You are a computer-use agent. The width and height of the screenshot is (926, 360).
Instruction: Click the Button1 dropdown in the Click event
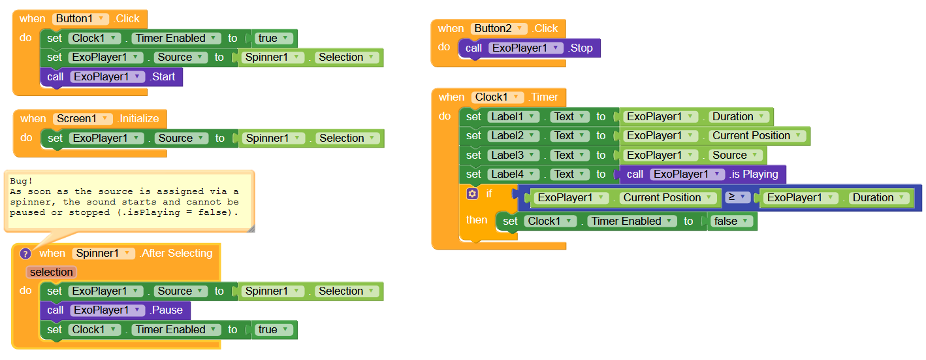coord(80,19)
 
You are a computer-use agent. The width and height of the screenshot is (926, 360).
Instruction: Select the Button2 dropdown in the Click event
coord(500,28)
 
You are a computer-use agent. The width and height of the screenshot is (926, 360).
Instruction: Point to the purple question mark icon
coord(25,254)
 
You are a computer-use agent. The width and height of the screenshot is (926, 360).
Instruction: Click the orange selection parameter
coord(52,272)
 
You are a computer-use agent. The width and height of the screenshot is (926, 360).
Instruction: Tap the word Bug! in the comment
coord(21,181)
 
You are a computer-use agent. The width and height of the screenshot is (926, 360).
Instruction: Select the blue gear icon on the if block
coord(472,194)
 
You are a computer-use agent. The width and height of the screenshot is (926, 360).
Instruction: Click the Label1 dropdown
coord(513,117)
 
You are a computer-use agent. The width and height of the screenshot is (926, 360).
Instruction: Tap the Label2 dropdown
coord(513,136)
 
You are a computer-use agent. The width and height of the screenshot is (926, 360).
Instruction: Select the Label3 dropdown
coord(513,155)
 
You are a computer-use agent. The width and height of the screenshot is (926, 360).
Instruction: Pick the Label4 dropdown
coord(513,174)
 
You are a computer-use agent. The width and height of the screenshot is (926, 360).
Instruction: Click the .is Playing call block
coord(754,174)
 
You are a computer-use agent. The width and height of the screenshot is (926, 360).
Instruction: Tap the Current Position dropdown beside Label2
coord(757,136)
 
